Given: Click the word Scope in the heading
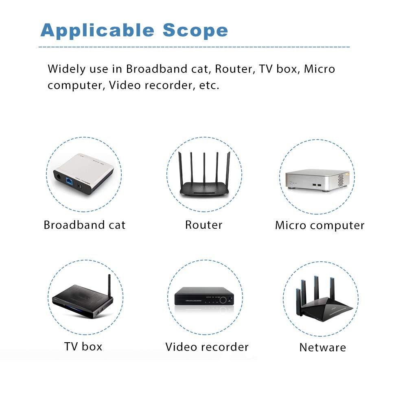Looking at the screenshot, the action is pos(195,31).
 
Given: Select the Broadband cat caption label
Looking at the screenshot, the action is pos(85,225).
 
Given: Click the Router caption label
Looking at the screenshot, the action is pos(203,225).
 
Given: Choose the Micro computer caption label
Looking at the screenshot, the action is pos(319,225).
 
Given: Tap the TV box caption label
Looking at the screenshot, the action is pos(83,347).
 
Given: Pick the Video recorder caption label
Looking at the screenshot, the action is pos(207,347).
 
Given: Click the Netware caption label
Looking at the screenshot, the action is pos(322,348).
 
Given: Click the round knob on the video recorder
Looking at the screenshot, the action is pos(223,300).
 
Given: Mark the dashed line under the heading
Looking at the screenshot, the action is pos(194,47).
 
